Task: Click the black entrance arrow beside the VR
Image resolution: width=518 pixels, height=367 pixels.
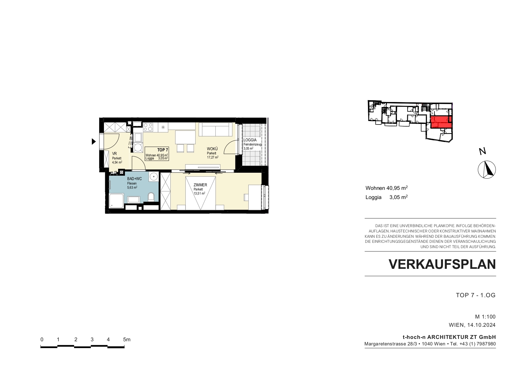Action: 94,142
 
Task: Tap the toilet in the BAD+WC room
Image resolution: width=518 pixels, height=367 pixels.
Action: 151,197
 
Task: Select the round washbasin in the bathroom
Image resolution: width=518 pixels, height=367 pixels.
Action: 154,177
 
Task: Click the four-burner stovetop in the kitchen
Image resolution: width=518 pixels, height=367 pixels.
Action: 148,127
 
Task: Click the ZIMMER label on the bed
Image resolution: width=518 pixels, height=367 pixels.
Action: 200,185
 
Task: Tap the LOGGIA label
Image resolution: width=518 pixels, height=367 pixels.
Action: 250,140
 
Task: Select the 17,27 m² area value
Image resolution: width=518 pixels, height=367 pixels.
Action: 213,157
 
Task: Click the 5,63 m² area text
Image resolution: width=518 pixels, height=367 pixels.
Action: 132,187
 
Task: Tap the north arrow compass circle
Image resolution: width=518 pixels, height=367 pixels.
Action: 487,170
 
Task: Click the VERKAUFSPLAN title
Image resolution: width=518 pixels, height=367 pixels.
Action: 442,264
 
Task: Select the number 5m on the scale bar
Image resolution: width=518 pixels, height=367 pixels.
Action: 127,339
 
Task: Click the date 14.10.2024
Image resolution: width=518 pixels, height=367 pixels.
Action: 482,325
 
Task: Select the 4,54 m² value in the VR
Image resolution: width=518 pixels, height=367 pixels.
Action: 117,162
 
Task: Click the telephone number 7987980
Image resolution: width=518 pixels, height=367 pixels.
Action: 486,344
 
